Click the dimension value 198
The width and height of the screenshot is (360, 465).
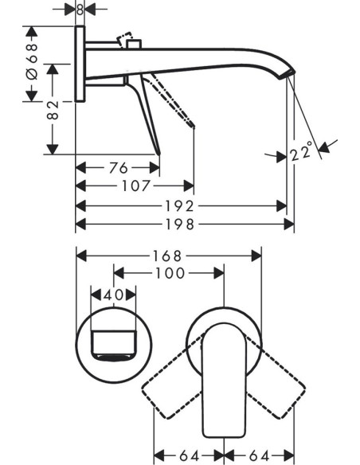pyautogui.click(x=180, y=225)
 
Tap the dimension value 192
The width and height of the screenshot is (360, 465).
pyautogui.click(x=180, y=206)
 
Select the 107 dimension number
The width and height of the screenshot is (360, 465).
pyautogui.click(x=136, y=186)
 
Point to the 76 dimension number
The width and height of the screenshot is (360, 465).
pyautogui.click(x=119, y=168)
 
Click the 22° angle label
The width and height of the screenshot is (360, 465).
pyautogui.click(x=302, y=151)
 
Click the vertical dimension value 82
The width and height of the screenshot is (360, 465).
pyautogui.click(x=53, y=110)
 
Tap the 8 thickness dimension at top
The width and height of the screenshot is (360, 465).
pyautogui.click(x=80, y=10)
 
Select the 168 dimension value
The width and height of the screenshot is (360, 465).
pyautogui.click(x=166, y=256)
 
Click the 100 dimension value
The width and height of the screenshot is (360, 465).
pyautogui.click(x=170, y=273)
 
